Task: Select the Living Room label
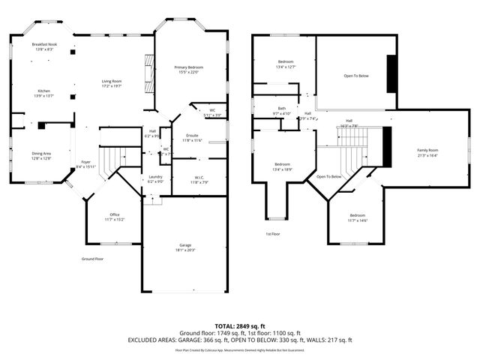(x=112, y=81)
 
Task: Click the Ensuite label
(x=192, y=135)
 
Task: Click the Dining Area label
(x=41, y=154)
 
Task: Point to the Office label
(x=115, y=214)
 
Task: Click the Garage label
(x=184, y=245)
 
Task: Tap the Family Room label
(x=427, y=151)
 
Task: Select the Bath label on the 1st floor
(x=282, y=109)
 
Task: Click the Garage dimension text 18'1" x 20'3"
(x=184, y=250)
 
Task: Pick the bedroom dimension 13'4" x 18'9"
(x=282, y=169)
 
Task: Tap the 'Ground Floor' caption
(x=93, y=259)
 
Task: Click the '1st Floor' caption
(x=273, y=234)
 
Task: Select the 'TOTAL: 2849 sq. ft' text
(x=239, y=327)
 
